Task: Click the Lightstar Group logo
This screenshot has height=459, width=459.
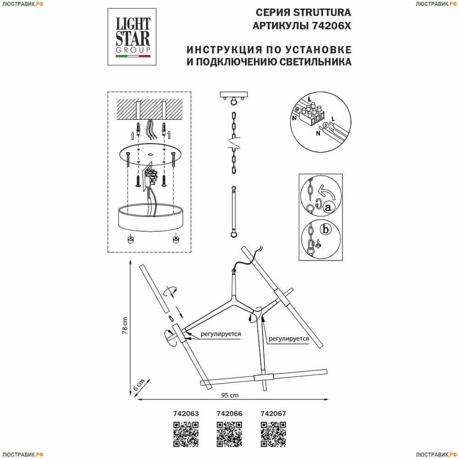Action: pos(132,37)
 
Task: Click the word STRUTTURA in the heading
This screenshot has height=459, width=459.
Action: pos(322,12)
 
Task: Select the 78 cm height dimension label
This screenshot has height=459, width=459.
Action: pos(125,325)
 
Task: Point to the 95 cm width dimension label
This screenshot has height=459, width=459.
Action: pos(230,395)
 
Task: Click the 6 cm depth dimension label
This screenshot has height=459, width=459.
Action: pos(139,385)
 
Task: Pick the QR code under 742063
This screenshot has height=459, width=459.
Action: pos(186,434)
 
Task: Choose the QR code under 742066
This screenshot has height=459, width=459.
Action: pos(229,434)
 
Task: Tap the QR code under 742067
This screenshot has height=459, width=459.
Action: pos(273,434)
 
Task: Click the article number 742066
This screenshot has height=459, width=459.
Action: pos(229,414)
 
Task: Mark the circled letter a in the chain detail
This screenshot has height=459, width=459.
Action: pos(328,207)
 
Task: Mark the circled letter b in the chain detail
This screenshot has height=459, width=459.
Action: pos(325,229)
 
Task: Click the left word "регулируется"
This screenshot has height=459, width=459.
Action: pos(221,334)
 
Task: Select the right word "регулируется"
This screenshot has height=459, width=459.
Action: pos(289,339)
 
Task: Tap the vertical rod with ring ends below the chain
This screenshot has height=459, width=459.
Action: pos(234,212)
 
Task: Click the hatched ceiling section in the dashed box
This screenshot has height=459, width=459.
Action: pos(150,109)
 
